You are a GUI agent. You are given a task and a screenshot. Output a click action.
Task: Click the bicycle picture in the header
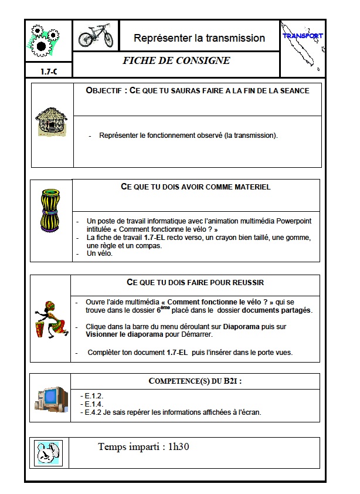tap(95, 36)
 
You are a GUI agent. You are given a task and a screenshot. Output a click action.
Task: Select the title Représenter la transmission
tap(199, 38)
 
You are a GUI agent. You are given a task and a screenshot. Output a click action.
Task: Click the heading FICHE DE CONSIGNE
tap(176, 60)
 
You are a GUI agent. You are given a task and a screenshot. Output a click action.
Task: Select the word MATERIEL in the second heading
tap(249, 187)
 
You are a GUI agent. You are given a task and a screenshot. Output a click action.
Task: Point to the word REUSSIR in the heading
tap(248, 282)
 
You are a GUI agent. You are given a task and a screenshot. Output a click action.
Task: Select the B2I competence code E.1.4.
tap(94, 404)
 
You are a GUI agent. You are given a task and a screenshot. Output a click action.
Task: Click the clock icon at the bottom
tap(48, 452)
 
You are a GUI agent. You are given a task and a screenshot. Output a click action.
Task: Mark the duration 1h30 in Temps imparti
tap(176, 447)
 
